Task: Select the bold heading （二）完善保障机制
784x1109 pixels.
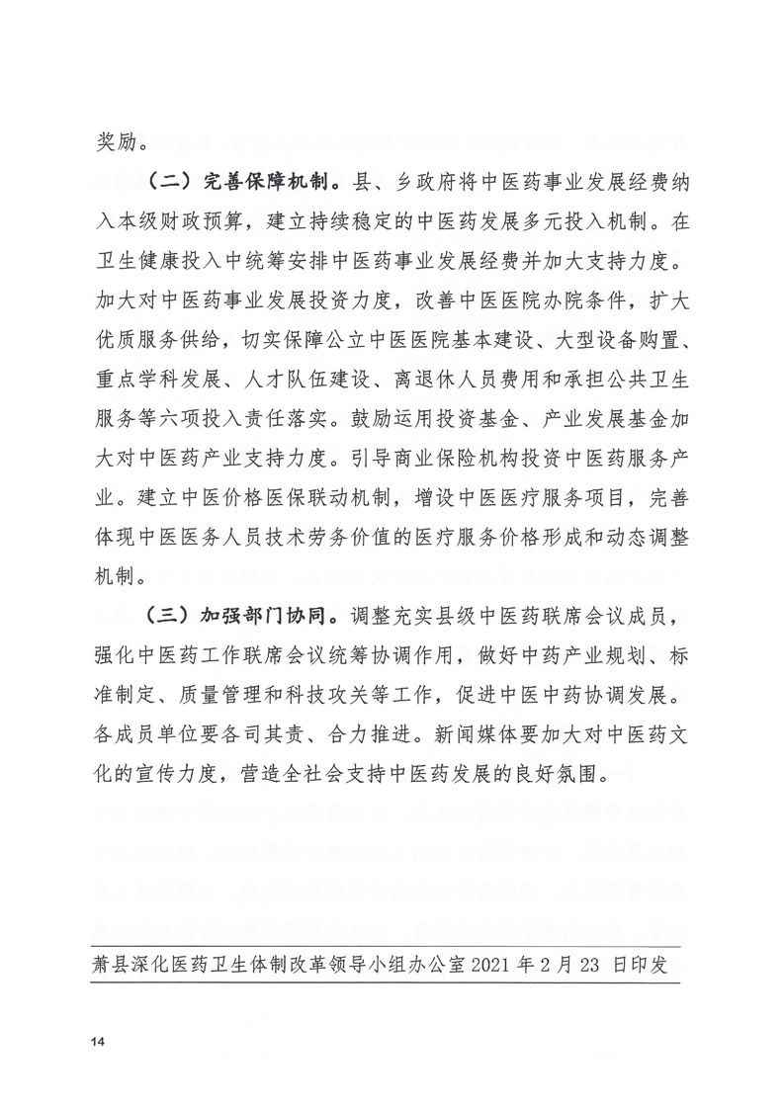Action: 244,183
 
